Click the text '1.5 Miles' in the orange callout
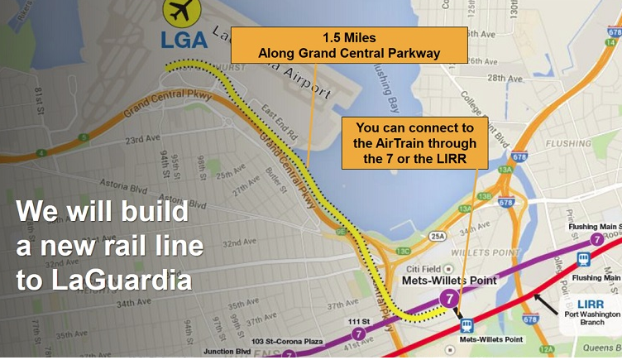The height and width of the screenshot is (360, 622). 348,38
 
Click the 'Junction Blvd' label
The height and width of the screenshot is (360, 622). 232,352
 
